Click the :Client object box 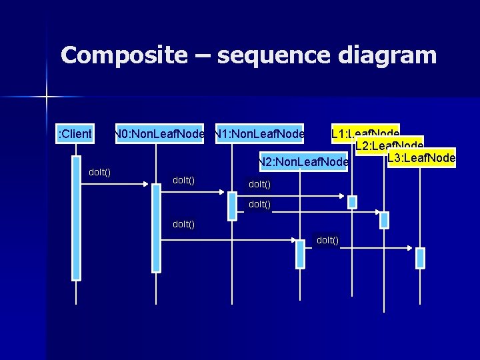pos(75,135)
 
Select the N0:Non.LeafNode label pos(159,135)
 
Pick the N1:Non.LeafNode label pos(259,135)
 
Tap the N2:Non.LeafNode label pos(304,162)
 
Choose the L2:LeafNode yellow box pos(389,146)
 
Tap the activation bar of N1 pos(232,206)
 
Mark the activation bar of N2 pos(301,254)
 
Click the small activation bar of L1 pos(353,201)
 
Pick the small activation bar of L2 pos(385,220)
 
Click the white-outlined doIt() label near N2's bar pos(327,240)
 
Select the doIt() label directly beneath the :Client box pos(100,173)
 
